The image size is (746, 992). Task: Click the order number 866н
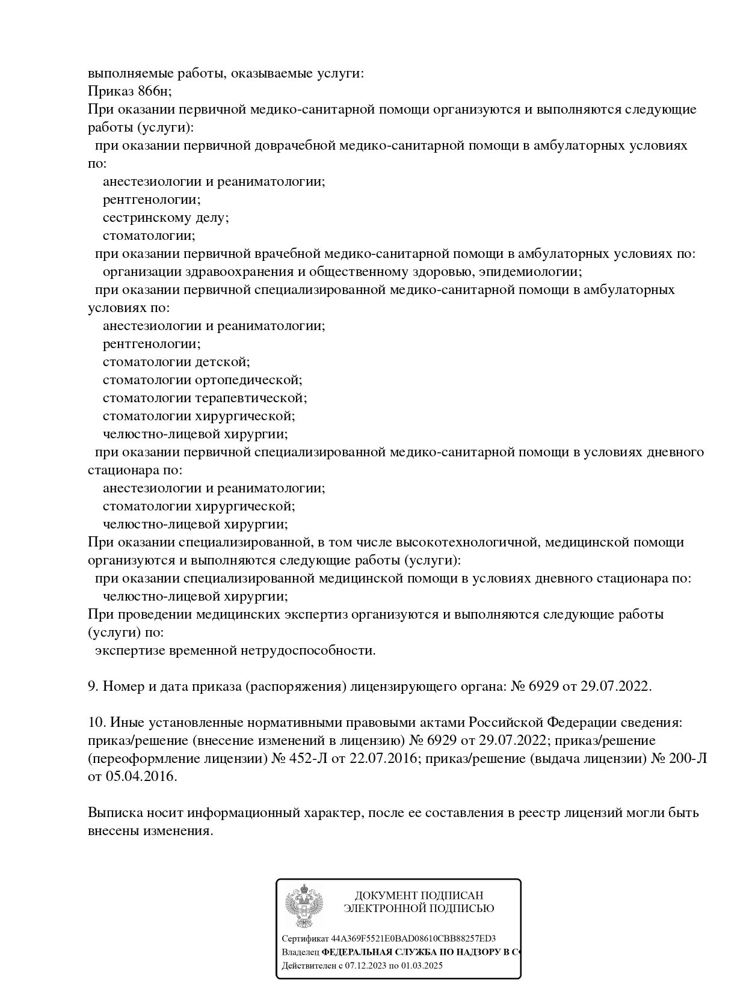(154, 91)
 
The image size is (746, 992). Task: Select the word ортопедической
(248, 380)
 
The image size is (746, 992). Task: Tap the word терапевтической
(251, 398)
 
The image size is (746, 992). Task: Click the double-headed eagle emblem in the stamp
(304, 906)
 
